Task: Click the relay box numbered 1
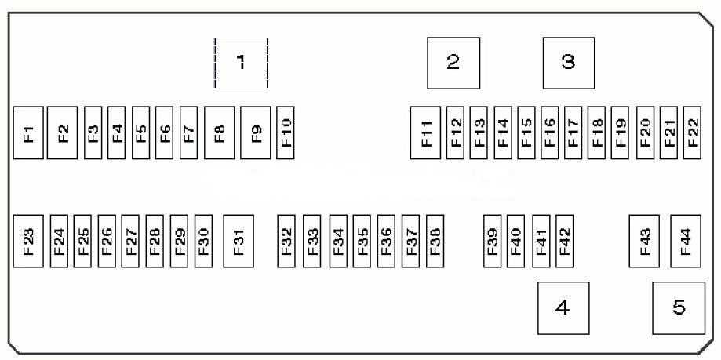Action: pyautogui.click(x=241, y=63)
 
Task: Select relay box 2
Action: pyautogui.click(x=453, y=63)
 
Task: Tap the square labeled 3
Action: pyautogui.click(x=569, y=63)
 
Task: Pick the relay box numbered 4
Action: pyautogui.click(x=563, y=308)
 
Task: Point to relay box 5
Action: pyautogui.click(x=679, y=308)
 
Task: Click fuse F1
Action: pyautogui.click(x=28, y=133)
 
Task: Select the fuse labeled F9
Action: pyautogui.click(x=255, y=133)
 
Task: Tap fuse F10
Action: pyautogui.click(x=286, y=133)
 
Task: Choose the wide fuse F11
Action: pyautogui.click(x=425, y=133)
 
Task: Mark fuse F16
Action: pyautogui.click(x=549, y=133)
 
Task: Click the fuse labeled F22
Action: pyautogui.click(x=692, y=133)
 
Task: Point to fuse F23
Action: pyautogui.click(x=28, y=241)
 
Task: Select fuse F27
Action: pyautogui.click(x=130, y=241)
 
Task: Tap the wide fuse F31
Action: pyautogui.click(x=239, y=241)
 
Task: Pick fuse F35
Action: pyautogui.click(x=362, y=241)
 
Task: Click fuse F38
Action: pyautogui.click(x=435, y=241)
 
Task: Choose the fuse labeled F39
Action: pyautogui.click(x=493, y=241)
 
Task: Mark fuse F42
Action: pyautogui.click(x=565, y=241)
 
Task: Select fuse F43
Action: pyautogui.click(x=644, y=241)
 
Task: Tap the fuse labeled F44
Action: pyautogui.click(x=686, y=241)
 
